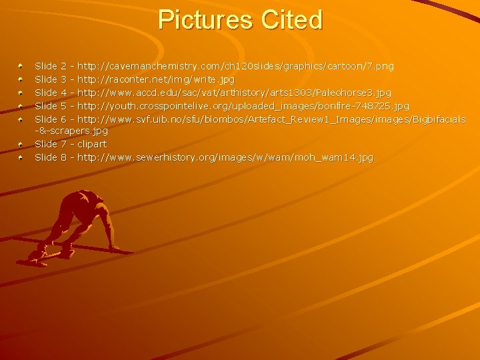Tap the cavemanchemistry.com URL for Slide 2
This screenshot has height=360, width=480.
235,66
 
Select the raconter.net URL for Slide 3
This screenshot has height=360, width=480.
156,79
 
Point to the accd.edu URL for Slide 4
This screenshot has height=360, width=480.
234,92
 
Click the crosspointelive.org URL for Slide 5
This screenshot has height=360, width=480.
243,105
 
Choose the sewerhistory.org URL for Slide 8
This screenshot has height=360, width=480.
225,157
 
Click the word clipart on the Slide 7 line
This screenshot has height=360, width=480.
92,144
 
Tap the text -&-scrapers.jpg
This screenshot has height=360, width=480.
71,131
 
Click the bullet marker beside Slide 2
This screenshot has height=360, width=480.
21,66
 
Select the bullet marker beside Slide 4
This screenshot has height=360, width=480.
21,92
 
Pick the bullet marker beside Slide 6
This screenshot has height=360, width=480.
21,118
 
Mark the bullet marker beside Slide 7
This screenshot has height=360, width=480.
21,144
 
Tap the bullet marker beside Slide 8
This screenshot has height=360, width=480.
21,157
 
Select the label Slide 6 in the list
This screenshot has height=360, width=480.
51,118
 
